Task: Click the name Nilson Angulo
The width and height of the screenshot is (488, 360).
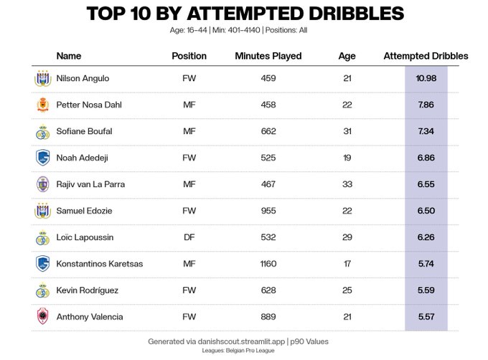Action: tap(83, 78)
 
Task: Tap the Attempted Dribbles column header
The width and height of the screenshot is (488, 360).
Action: tap(426, 56)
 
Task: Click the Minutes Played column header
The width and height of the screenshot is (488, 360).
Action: tap(268, 56)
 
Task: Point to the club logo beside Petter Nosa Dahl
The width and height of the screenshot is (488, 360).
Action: tap(42, 105)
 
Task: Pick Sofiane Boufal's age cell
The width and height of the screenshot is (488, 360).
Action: tap(347, 131)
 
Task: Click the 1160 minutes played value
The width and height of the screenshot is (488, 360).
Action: tap(268, 264)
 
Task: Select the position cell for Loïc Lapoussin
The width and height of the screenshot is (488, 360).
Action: tap(189, 237)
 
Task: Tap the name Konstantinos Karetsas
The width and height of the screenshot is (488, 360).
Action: tap(100, 264)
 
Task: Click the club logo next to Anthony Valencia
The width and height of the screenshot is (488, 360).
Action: tap(42, 317)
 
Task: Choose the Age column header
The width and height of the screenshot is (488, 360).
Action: tap(347, 56)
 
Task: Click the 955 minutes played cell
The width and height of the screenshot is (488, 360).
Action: tap(268, 211)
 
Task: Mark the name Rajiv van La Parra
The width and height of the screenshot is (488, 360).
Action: tap(90, 184)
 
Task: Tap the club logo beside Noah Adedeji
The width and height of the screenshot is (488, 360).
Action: tap(42, 158)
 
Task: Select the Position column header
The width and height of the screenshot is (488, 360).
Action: tap(189, 56)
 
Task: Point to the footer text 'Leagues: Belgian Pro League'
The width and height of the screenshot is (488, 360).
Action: tap(243, 351)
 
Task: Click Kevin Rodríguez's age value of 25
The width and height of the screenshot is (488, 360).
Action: tap(347, 290)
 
